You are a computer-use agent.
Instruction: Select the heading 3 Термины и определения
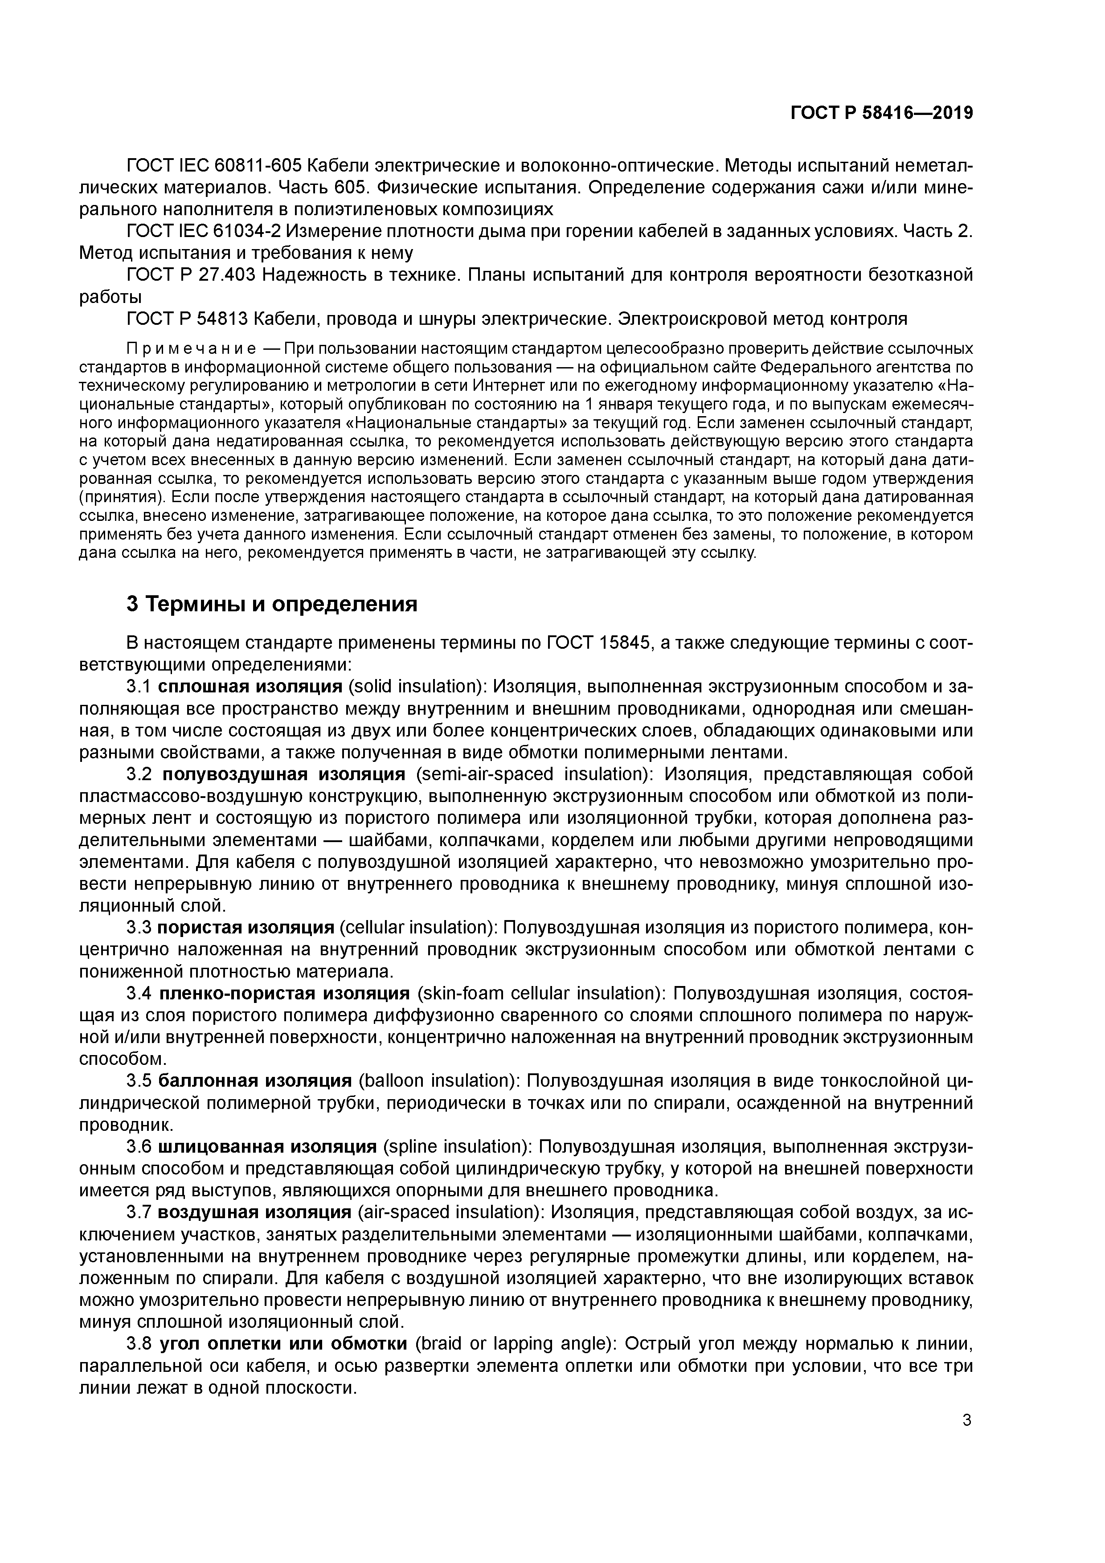click(272, 604)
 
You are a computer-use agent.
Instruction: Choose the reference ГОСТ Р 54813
click(190, 319)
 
